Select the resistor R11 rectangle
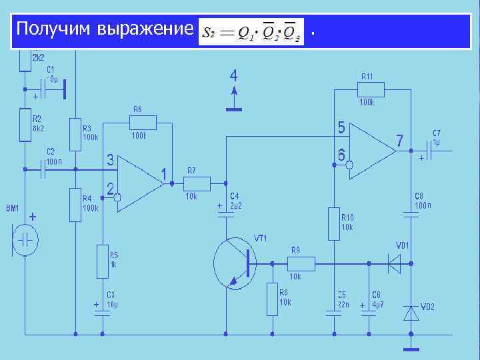pyautogui.click(x=371, y=89)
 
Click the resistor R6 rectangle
pyautogui.click(x=143, y=123)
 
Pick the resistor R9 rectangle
pyautogui.click(x=301, y=263)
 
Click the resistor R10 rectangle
pyautogui.click(x=335, y=224)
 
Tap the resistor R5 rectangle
pyautogui.click(x=102, y=259)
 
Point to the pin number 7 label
pyautogui.click(x=399, y=141)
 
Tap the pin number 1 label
pyautogui.click(x=163, y=175)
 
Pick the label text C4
pyautogui.click(x=235, y=196)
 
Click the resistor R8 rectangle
pyautogui.click(x=272, y=299)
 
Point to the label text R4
pyautogui.click(x=87, y=198)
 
